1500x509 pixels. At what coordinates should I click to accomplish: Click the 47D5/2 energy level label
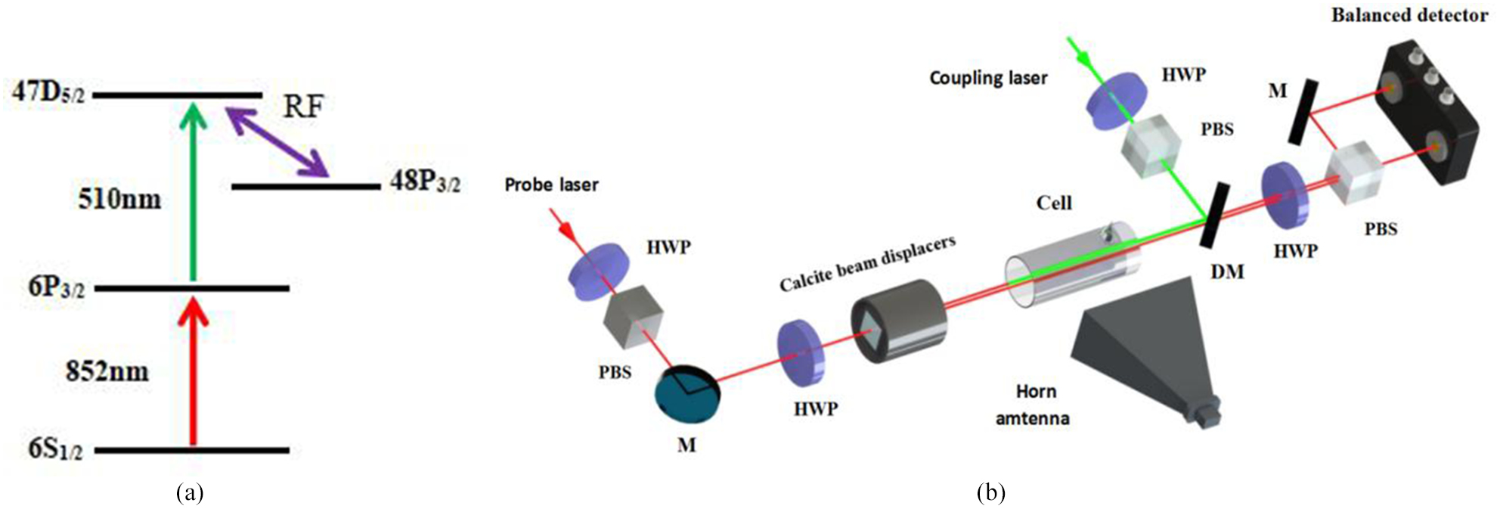click(x=48, y=92)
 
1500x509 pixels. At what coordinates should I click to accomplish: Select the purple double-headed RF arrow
click(x=279, y=142)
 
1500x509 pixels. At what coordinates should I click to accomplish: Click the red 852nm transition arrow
click(x=194, y=371)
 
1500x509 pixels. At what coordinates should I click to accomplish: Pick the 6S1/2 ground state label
click(x=55, y=449)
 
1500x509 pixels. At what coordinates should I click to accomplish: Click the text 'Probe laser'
click(x=551, y=185)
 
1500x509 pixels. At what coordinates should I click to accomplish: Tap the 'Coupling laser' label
click(x=988, y=78)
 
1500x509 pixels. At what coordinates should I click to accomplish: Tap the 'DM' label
click(x=1227, y=272)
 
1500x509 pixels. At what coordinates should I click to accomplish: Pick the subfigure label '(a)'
click(x=189, y=494)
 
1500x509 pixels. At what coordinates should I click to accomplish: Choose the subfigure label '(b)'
click(x=990, y=494)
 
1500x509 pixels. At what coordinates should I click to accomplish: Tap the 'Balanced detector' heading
click(x=1409, y=15)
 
